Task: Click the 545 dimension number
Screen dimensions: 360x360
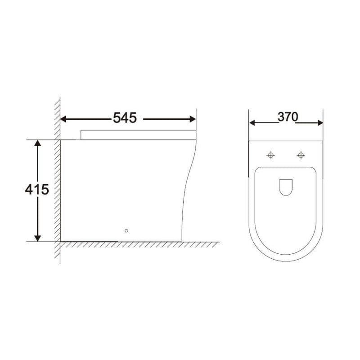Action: click(124, 118)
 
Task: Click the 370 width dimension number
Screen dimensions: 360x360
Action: click(288, 117)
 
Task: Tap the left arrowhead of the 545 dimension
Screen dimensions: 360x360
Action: click(63, 119)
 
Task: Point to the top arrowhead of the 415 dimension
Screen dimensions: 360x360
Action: click(38, 143)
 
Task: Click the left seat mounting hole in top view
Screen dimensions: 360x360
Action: click(271, 155)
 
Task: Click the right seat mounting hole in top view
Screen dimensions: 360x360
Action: click(301, 155)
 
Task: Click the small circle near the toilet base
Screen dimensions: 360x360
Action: click(126, 231)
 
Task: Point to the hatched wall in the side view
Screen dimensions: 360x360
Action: click(57, 180)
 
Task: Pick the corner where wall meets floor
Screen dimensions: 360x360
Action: click(60, 241)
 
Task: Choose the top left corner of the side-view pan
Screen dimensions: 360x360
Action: click(61, 140)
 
